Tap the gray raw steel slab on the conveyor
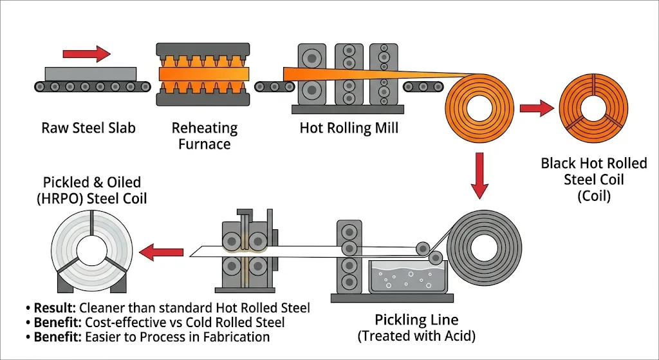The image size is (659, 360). coord(90,73)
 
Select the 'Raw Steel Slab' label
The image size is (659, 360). coord(89,128)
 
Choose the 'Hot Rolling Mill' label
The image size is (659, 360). coord(349,128)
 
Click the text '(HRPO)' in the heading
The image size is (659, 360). coord(64,199)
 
